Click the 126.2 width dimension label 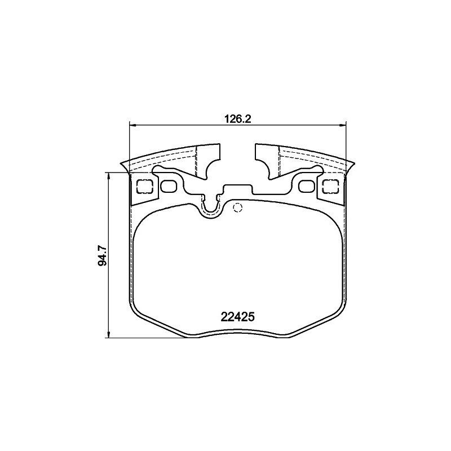pyautogui.click(x=237, y=119)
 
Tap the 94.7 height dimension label pyautogui.click(x=103, y=255)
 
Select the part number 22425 pyautogui.click(x=238, y=317)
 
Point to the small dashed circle pyautogui.click(x=237, y=207)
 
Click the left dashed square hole pyautogui.click(x=144, y=187)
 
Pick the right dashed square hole pyautogui.click(x=330, y=187)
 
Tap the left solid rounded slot pyautogui.click(x=169, y=187)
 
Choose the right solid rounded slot pyautogui.click(x=307, y=187)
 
